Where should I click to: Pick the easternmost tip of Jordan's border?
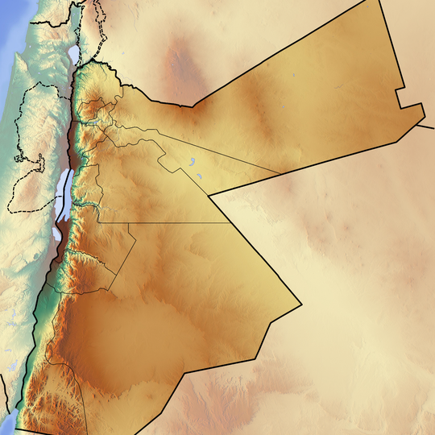(x=425, y=121)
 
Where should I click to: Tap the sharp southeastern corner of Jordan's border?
(x=301, y=304)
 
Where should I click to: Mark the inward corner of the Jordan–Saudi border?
(x=208, y=195)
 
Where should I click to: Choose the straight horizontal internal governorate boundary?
(x=161, y=222)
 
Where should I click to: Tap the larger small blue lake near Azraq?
(x=194, y=160)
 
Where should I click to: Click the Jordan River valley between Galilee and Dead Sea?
(x=73, y=121)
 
